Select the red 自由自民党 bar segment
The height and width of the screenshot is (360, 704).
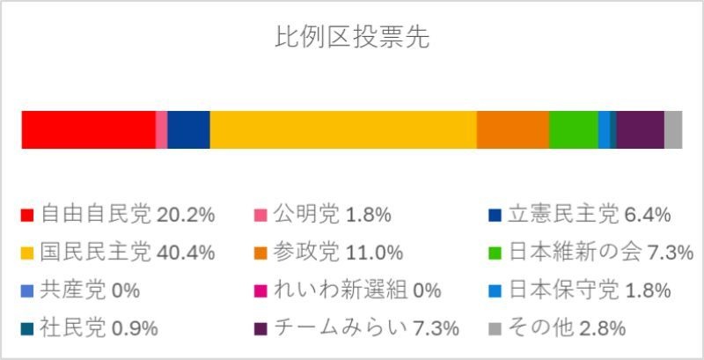88,130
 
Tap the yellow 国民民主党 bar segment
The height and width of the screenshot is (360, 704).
343,130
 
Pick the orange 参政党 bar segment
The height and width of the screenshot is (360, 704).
512,130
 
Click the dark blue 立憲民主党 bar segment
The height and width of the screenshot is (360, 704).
188,130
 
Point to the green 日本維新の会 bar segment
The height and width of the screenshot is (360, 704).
573,130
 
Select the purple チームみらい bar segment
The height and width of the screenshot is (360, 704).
640,130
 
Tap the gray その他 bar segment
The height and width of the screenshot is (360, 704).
673,130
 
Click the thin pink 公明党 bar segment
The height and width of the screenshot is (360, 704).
161,130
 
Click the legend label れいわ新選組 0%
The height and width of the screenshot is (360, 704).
357,290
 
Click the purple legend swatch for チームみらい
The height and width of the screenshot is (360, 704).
260,329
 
